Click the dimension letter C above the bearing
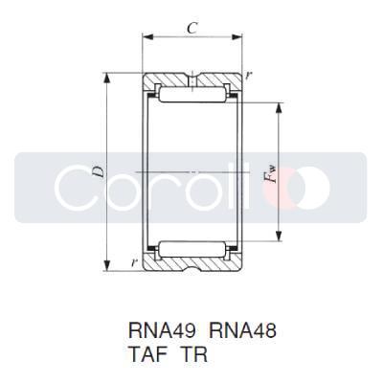coord(192,29)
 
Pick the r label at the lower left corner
coord(134,260)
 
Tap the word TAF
coord(148,352)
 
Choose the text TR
coord(195,352)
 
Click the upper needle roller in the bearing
coord(191,96)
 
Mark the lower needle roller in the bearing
coord(191,249)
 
